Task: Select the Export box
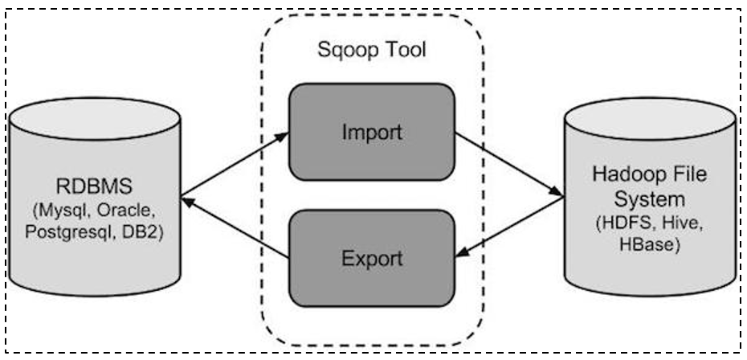(x=372, y=259)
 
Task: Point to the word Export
(x=372, y=259)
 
